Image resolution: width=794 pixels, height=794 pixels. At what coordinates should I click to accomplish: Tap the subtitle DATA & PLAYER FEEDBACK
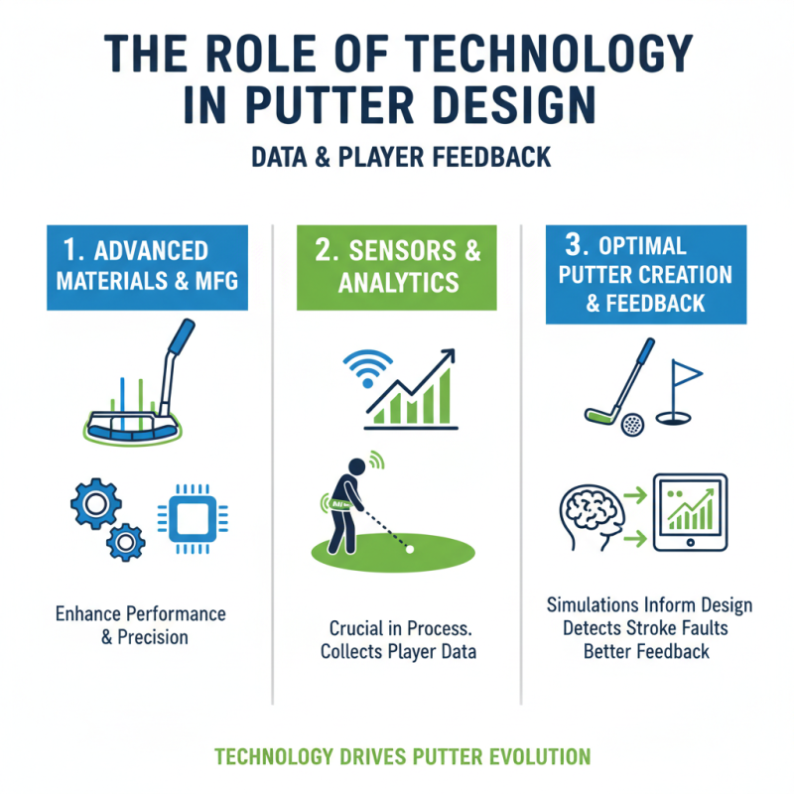pyautogui.click(x=397, y=157)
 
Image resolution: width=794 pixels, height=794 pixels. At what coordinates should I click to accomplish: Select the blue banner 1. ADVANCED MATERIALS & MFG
pyautogui.click(x=146, y=266)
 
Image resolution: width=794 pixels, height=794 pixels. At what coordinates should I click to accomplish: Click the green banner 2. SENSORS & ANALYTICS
pyautogui.click(x=397, y=266)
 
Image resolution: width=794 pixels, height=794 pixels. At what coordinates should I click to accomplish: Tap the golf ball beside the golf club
pyautogui.click(x=631, y=425)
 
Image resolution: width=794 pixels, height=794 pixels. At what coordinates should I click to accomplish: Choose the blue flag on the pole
pyautogui.click(x=687, y=374)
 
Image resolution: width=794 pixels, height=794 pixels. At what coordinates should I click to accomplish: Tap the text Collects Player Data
pyautogui.click(x=398, y=652)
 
